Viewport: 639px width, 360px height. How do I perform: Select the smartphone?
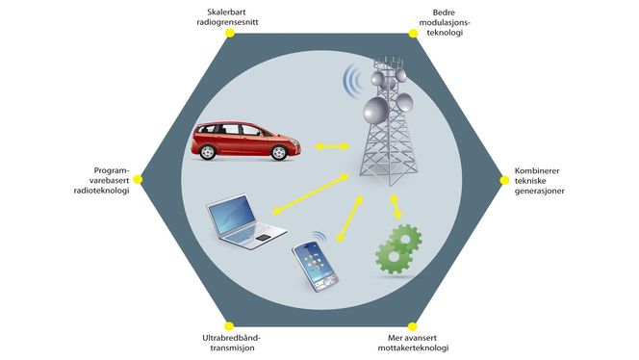point(315,263)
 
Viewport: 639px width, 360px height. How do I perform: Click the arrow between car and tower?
point(333,146)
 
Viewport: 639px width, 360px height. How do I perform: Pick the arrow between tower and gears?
point(396,205)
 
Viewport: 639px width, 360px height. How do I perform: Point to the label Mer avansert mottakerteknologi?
point(411,343)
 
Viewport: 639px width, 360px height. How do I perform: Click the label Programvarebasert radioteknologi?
point(96,180)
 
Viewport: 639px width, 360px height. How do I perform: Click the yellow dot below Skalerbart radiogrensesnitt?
point(229,33)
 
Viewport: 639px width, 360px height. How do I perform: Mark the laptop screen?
point(231,214)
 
